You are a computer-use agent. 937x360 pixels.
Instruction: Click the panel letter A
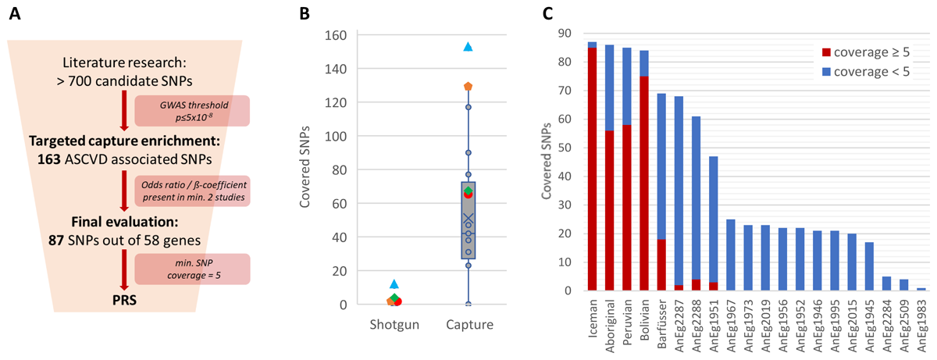point(12,13)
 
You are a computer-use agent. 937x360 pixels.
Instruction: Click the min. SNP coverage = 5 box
point(192,269)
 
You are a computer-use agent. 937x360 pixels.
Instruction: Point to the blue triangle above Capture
point(468,47)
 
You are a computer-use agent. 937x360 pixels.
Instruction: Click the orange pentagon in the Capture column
point(468,86)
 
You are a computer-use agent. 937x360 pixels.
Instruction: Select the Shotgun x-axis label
point(394,325)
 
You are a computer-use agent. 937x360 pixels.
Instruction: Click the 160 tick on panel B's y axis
point(337,35)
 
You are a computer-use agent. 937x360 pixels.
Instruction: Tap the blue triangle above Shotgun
point(394,283)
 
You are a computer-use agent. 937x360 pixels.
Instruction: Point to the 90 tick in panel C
point(566,33)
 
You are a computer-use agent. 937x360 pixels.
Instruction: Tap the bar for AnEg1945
point(869,266)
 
